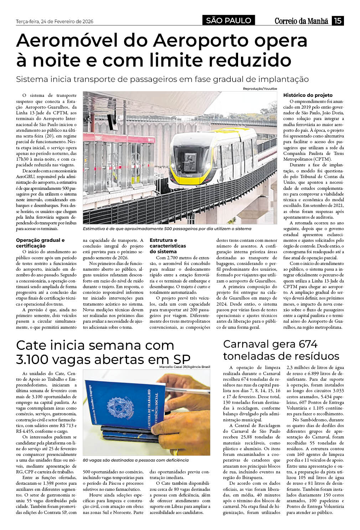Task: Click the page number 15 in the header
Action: [338, 21]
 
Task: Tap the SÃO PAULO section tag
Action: [228, 21]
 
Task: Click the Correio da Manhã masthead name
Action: [301, 21]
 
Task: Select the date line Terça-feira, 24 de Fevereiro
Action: [55, 21]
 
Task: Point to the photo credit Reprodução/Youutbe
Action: [260, 88]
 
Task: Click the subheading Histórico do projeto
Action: [308, 95]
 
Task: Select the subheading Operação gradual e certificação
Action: [40, 243]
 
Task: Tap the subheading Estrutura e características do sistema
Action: [168, 246]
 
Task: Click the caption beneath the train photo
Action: [167, 229]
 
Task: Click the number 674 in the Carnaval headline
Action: [308, 344]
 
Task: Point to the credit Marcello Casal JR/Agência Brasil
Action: [185, 367]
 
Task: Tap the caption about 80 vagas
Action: [135, 460]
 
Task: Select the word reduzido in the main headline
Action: [248, 60]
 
